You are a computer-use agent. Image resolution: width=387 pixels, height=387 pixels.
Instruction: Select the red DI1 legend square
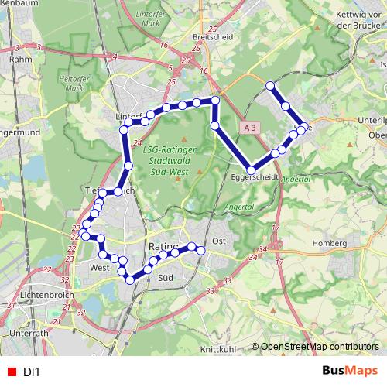coord(11,372)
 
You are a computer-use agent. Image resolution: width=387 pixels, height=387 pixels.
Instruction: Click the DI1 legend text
coord(32,372)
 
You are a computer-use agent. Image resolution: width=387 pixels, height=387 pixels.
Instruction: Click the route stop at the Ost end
coord(201,249)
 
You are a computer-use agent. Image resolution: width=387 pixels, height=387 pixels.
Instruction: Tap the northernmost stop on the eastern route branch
coord(270,86)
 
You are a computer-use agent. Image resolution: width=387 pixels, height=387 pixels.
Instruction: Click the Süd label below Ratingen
coord(163,276)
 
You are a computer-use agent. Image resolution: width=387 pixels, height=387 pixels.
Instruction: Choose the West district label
coord(99,267)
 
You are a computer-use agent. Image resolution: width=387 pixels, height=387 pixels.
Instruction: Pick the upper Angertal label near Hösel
coord(296,178)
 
